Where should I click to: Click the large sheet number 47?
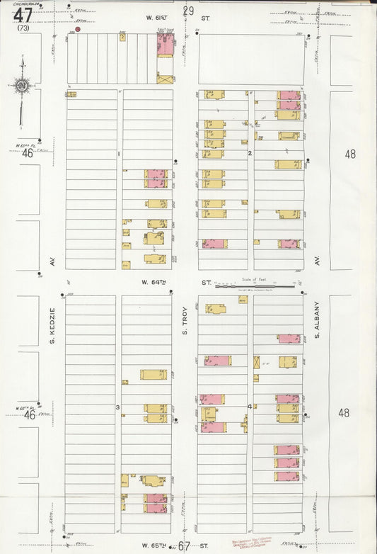[x=23, y=14]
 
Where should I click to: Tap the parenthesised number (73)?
[x=24, y=28]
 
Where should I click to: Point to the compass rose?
[x=23, y=86]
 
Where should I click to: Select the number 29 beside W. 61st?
[x=188, y=11]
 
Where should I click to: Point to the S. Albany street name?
[x=318, y=320]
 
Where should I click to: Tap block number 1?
[x=120, y=154]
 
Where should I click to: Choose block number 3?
[x=118, y=407]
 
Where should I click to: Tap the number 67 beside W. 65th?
[x=185, y=545]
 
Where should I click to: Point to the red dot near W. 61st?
[x=78, y=30]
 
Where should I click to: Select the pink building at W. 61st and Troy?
[x=166, y=45]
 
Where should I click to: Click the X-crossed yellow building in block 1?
[x=165, y=79]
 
